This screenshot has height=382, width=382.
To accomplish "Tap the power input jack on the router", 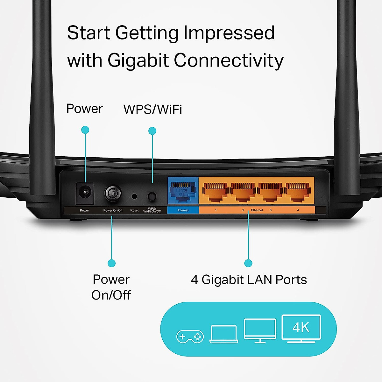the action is point(85,193).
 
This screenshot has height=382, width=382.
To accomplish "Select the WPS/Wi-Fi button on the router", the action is point(152,196).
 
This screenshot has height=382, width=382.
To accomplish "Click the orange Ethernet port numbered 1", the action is point(215,192).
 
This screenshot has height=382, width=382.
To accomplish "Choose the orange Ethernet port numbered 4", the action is point(297,192).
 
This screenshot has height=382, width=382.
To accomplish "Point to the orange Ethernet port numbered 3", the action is point(270,192).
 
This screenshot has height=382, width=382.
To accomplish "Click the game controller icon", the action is point(190,336).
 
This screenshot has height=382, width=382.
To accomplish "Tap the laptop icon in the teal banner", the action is point(224,334).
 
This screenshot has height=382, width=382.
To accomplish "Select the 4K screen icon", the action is point(301,328).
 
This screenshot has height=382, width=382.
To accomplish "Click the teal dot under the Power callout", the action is point(85,130).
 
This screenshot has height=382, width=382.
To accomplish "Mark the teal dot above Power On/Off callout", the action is point(111,263).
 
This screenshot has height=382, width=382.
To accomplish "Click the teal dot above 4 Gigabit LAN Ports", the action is point(248,263).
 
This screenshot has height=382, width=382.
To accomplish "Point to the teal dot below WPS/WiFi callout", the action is point(152,131).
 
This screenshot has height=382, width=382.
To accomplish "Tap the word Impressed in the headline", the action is point(229,33).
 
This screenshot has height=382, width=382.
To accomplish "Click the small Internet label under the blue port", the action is point(183,210).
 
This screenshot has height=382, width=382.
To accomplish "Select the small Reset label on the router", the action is point(134,210).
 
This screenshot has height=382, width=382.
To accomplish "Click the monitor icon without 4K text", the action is point(260,330).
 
